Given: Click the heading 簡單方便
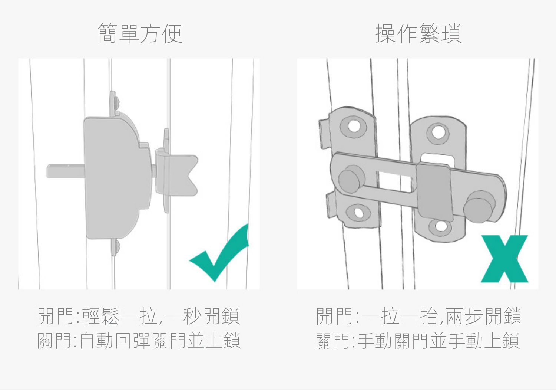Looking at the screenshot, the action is [x=140, y=33].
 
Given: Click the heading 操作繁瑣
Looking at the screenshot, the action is [x=418, y=33].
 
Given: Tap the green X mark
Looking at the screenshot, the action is [x=504, y=259].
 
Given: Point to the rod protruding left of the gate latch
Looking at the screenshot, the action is [x=65, y=171].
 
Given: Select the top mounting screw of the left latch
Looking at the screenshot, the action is [x=116, y=103].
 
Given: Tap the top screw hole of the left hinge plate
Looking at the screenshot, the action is [x=353, y=126].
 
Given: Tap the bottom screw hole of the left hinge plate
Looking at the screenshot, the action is [x=358, y=213].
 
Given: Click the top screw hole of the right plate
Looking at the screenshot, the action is [x=438, y=132].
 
